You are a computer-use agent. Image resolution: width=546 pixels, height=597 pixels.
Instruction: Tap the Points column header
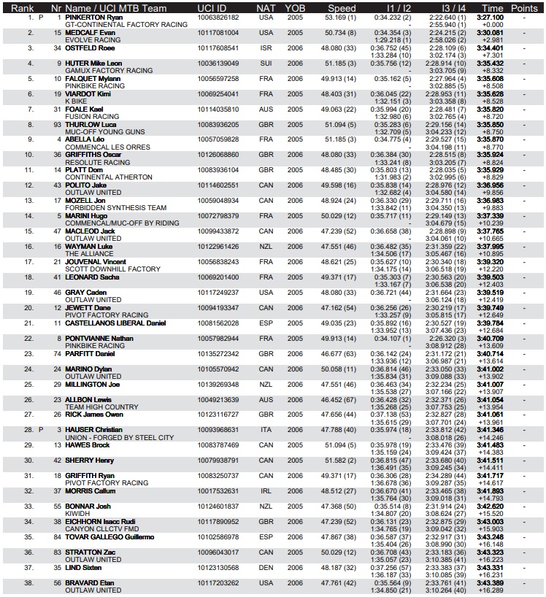(524, 9)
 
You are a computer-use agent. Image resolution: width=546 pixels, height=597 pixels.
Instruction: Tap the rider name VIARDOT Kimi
(88, 94)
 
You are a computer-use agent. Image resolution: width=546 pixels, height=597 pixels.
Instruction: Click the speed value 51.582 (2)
(340, 461)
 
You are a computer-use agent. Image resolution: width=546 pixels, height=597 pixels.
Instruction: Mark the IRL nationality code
(266, 491)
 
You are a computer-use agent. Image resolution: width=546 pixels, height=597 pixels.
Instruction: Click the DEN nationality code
(266, 567)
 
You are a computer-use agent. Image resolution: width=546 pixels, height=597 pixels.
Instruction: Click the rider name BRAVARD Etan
(88, 582)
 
